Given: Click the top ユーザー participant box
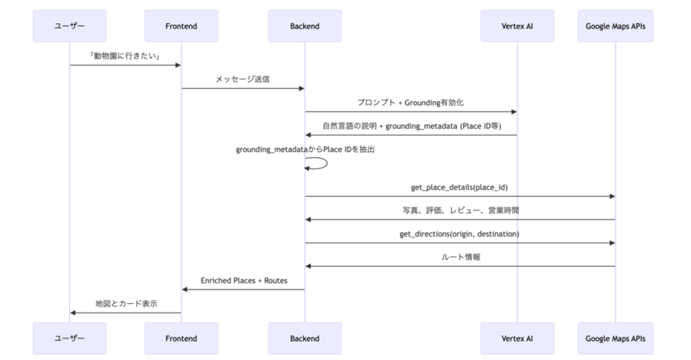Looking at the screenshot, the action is point(69,26).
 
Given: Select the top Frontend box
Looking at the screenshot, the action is point(181,26).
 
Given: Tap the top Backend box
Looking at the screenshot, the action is point(305,26).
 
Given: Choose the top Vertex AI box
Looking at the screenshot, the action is point(517,26).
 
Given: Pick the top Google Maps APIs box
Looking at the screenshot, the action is point(615,26).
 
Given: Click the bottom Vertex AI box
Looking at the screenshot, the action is point(517,338).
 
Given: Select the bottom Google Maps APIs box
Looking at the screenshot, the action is point(615,338).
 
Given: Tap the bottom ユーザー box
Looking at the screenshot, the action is point(69,338).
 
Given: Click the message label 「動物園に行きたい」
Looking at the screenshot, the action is point(125,56).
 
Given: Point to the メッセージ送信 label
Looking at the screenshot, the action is point(243,79).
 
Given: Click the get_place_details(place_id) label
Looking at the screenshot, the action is point(460,187).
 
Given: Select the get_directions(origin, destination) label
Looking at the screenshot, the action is point(460,234).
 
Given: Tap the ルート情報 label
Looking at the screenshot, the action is point(460,257).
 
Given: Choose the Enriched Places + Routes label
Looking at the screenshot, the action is point(244,281).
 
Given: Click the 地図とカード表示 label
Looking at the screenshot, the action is point(126,304).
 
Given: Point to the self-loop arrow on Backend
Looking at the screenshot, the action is point(327,163).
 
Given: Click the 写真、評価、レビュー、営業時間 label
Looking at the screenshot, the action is point(460,211).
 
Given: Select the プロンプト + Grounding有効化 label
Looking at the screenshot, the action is point(410,103).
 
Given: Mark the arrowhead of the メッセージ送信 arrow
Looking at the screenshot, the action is point(301,89).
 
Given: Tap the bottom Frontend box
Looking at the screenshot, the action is point(181,338).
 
